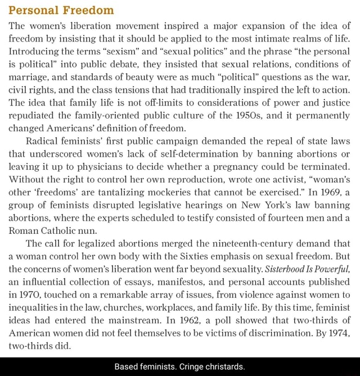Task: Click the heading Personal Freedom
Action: point(61,10)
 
